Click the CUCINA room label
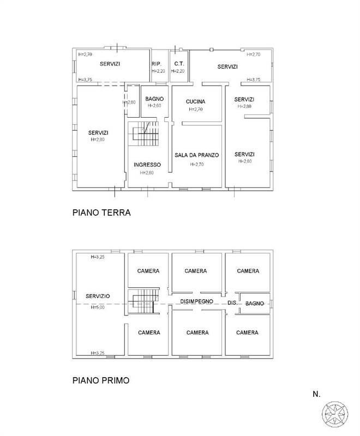click(195, 102)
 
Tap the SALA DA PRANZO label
click(197, 155)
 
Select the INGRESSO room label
click(147, 165)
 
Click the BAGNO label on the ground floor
click(154, 99)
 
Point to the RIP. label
click(157, 64)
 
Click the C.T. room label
click(179, 64)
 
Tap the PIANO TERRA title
click(101, 213)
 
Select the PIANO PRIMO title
click(101, 380)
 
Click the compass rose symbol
click(335, 414)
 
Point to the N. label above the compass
click(316, 394)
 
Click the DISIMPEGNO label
click(197, 301)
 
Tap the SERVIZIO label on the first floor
click(98, 296)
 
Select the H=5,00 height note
click(98, 307)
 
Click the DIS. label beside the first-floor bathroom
click(232, 303)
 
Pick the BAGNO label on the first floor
click(255, 304)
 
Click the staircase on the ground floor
click(143, 134)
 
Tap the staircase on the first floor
click(143, 302)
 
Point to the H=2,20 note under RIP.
click(158, 71)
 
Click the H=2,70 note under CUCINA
click(196, 110)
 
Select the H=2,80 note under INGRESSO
click(147, 173)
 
